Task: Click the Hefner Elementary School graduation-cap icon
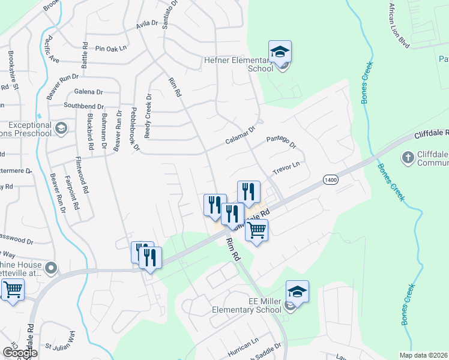280,52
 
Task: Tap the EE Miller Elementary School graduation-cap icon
297,292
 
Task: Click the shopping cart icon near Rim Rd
256,230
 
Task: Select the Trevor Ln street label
285,167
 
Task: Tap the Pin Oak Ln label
112,48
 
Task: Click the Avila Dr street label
146,25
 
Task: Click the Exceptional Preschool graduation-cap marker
61,128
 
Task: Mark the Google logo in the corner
20,353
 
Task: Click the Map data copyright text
424,355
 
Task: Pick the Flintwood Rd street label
78,172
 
